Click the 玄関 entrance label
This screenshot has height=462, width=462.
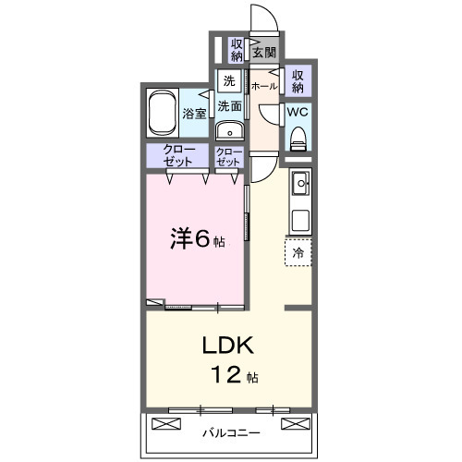click(263, 51)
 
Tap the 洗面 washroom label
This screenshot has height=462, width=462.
click(229, 106)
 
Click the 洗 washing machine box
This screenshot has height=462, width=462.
click(228, 80)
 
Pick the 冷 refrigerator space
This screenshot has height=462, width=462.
click(298, 251)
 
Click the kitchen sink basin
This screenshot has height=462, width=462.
click(299, 186)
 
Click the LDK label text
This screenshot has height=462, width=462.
click(227, 346)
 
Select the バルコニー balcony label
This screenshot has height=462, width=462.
click(228, 432)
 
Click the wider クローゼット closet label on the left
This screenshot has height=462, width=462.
click(178, 155)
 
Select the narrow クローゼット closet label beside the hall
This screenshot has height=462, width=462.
click(228, 156)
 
